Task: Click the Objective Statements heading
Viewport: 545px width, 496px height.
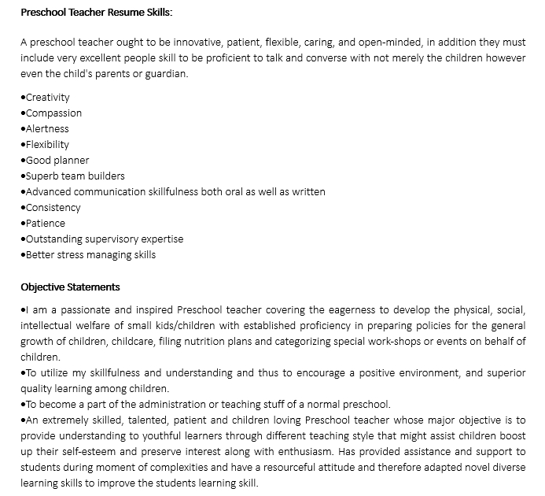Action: tap(70, 287)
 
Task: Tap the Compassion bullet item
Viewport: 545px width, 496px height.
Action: tap(53, 113)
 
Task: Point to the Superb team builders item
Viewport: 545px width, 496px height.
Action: tap(75, 176)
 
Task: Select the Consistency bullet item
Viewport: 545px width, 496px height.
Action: tap(53, 208)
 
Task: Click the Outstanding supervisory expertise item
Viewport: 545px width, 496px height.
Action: tap(104, 239)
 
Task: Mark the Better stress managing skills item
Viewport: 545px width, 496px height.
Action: tap(90, 255)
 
